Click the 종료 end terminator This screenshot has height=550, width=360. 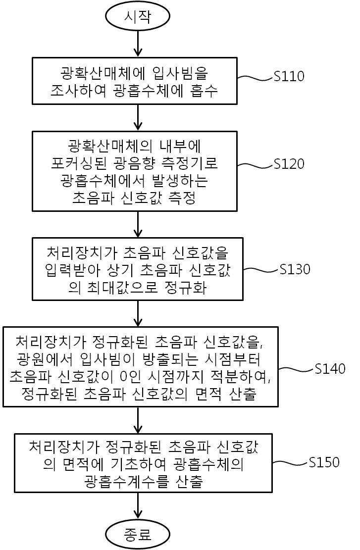pos(137,535)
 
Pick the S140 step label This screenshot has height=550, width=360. pos(330,369)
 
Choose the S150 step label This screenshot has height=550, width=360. pos(324,462)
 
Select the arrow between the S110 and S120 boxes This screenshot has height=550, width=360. pos(137,118)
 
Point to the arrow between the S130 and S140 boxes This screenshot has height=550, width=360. pos(137,313)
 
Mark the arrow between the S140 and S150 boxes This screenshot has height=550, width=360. pos(137,420)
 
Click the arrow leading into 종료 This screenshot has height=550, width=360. pos(137,507)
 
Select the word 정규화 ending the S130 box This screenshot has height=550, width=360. pos(189,288)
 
